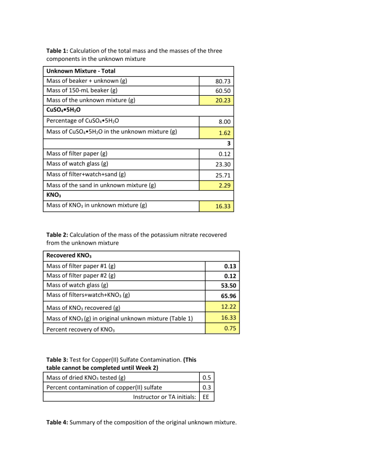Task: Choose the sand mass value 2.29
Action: (x=223, y=186)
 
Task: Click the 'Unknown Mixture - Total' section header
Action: (x=81, y=71)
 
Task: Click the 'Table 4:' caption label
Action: (x=60, y=421)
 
